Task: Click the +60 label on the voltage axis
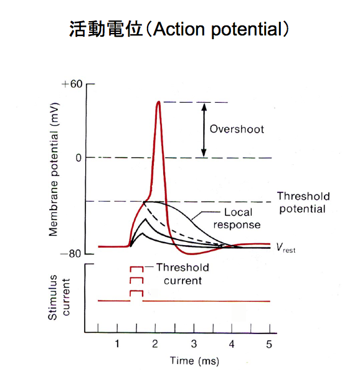72,84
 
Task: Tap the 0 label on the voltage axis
78,158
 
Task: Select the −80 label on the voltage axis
71,254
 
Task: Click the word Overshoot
237,129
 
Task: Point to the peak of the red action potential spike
159,102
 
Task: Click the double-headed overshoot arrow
204,130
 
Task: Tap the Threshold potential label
303,202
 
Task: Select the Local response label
237,218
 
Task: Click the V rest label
286,248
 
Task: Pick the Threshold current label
182,274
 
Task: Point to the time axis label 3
194,344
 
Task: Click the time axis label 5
269,344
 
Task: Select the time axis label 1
117,344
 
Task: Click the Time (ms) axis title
194,361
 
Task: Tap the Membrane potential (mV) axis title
54,170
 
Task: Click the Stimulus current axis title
59,297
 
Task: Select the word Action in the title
179,29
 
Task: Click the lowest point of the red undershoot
192,254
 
